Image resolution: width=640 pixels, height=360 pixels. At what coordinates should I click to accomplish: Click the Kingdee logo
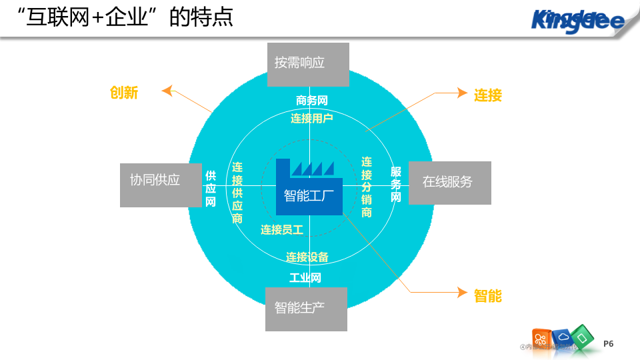[x=577, y=20]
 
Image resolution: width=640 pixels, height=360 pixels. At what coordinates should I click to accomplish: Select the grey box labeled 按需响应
[x=308, y=64]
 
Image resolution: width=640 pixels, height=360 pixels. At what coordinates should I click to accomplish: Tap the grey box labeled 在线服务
[x=449, y=182]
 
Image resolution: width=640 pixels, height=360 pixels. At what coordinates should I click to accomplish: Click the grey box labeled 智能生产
[x=306, y=309]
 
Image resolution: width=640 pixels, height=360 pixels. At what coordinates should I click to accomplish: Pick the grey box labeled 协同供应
[x=161, y=185]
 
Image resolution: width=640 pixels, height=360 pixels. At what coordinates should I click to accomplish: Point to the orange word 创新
[x=124, y=93]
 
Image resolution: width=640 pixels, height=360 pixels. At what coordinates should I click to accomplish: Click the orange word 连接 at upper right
[x=488, y=95]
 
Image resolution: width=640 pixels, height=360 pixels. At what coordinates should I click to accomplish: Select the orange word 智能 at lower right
[x=488, y=295]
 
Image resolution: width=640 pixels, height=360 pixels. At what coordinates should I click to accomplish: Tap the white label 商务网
[x=312, y=101]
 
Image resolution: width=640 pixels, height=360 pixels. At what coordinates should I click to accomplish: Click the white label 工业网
[x=305, y=277]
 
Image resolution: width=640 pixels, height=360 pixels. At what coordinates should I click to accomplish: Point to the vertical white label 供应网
[x=211, y=189]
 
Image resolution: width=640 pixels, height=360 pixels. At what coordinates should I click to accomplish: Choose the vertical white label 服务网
[x=396, y=185]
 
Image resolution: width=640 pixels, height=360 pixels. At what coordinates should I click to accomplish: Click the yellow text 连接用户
[x=312, y=119]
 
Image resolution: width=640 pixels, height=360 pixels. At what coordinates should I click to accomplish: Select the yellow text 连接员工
[x=282, y=230]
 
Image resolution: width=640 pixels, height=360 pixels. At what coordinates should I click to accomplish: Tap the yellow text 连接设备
[x=307, y=257]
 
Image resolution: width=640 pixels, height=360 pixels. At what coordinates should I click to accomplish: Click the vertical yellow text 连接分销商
[x=367, y=187]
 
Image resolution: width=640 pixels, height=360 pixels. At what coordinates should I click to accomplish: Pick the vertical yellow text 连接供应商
[x=237, y=192]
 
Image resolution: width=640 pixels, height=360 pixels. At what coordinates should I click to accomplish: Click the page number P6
[x=608, y=343]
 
